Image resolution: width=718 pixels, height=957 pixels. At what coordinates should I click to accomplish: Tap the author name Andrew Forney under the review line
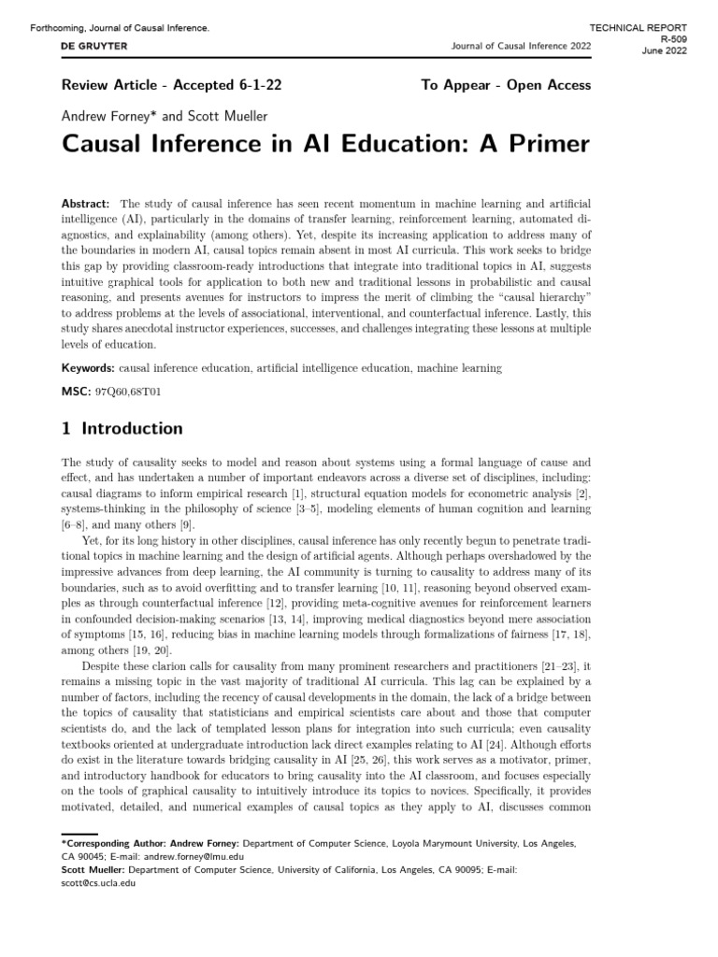(x=103, y=116)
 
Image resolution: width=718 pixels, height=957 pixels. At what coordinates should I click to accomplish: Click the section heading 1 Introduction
(x=122, y=429)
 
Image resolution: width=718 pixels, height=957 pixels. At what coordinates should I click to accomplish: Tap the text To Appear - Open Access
(x=506, y=85)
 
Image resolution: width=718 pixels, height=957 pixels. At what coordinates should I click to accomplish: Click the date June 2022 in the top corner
(x=666, y=51)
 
